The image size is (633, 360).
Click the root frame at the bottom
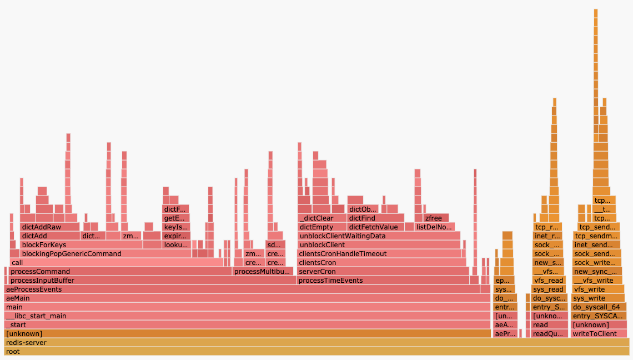tap(316, 352)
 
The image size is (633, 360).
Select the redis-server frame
tap(316, 343)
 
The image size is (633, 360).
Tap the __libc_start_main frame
tap(247, 316)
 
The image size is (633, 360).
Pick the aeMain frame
tap(247, 298)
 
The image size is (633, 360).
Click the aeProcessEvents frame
tap(242, 289)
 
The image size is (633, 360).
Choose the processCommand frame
tap(120, 272)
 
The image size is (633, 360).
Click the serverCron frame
tap(383, 272)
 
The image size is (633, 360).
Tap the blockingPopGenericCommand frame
tap(105, 254)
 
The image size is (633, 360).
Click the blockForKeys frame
tap(81, 245)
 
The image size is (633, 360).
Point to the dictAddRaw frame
tap(49, 227)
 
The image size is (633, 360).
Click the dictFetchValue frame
tap(375, 227)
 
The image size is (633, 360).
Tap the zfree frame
tap(436, 218)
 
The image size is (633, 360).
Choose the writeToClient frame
tap(599, 334)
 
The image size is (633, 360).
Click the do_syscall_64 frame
tap(599, 307)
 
